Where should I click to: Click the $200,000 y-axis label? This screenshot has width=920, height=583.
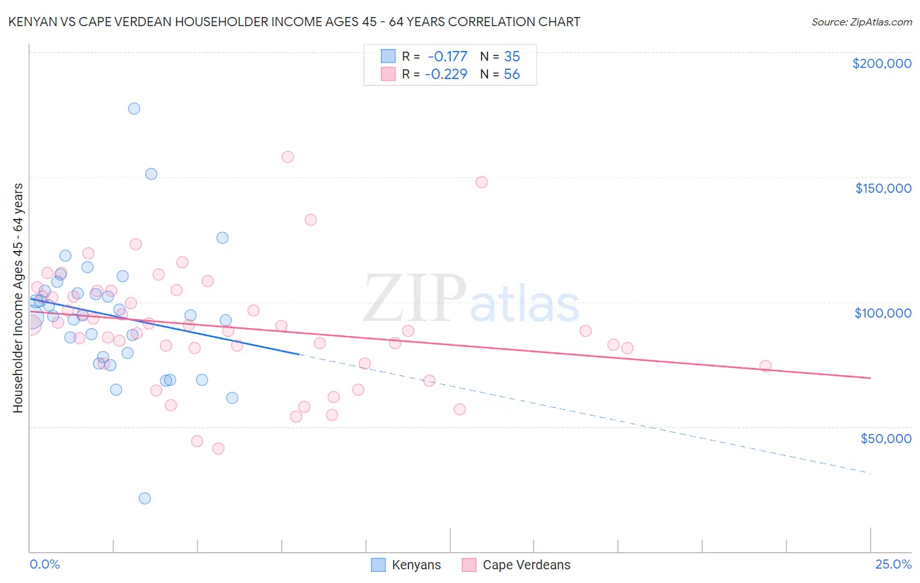pyautogui.click(x=881, y=63)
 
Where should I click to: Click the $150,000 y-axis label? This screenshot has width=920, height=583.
pyautogui.click(x=883, y=188)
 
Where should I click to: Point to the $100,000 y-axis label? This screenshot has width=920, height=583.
pyautogui.click(x=883, y=313)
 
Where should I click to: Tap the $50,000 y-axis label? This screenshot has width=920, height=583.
pyautogui.click(x=885, y=439)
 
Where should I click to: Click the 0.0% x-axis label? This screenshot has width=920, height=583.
pyautogui.click(x=44, y=564)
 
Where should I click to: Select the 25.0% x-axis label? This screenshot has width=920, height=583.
pyautogui.click(x=893, y=564)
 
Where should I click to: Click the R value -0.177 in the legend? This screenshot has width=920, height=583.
pyautogui.click(x=447, y=57)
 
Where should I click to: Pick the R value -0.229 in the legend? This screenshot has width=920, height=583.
pyautogui.click(x=446, y=75)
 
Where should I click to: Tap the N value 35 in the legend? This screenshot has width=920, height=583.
pyautogui.click(x=512, y=57)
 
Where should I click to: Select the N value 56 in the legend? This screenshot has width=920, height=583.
pyautogui.click(x=512, y=75)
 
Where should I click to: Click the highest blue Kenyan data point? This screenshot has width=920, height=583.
pyautogui.click(x=134, y=108)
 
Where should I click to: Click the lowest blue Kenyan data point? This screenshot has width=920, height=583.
pyautogui.click(x=145, y=498)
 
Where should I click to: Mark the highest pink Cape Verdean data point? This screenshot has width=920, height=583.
pyautogui.click(x=288, y=157)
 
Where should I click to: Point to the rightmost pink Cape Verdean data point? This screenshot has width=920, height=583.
pyautogui.click(x=765, y=366)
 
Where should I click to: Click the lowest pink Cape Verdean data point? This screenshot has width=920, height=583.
pyautogui.click(x=219, y=448)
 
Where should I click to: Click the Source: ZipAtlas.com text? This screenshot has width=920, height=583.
pyautogui.click(x=861, y=22)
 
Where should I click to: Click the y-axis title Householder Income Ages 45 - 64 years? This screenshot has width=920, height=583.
pyautogui.click(x=18, y=298)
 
